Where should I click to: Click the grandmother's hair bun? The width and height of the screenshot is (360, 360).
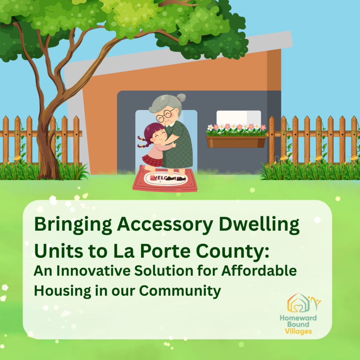pos(181,98)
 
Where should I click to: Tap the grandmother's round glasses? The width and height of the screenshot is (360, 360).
pos(165,116)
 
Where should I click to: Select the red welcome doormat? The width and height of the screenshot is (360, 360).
pos(165,180)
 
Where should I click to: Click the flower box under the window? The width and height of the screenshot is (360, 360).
pos(236,142)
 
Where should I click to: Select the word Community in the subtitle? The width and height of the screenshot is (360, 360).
pos(180,291)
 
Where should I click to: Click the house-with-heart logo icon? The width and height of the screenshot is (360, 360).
pos(298,303)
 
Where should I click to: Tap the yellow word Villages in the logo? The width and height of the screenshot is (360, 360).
pos(298,331)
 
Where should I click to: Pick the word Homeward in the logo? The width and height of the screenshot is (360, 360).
pos(298,318)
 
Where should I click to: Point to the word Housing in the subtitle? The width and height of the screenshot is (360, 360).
pos(63,291)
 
